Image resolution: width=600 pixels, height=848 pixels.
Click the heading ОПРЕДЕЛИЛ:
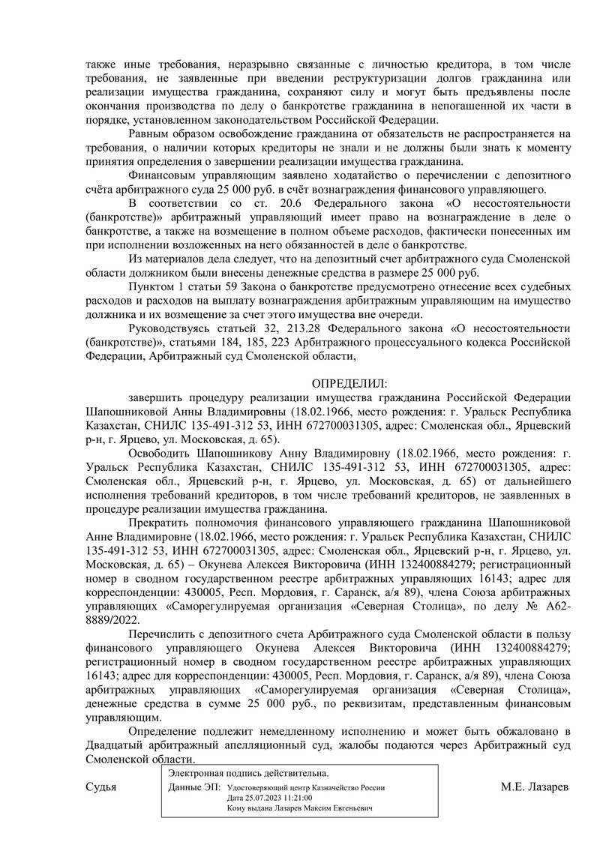pos(350,383)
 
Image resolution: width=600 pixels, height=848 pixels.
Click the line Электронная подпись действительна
pos(248,773)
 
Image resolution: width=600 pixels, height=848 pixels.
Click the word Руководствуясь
pos(171,330)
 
